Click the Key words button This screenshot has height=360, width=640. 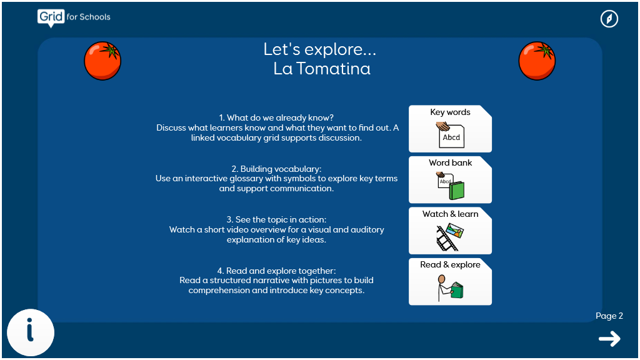[x=450, y=129]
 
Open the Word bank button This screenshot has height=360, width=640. [x=450, y=179]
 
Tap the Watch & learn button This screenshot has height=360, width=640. [x=450, y=231]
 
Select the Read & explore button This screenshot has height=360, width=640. [x=450, y=282]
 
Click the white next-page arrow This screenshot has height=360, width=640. [x=609, y=339]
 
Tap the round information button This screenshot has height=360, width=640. [x=31, y=332]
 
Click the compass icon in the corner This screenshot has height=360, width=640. [x=609, y=19]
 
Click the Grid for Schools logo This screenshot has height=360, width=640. [x=74, y=17]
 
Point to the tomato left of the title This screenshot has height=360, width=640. [x=102, y=61]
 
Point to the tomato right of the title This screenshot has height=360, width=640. [x=537, y=61]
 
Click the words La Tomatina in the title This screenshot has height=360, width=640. [x=322, y=69]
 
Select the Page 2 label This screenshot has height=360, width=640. [x=609, y=316]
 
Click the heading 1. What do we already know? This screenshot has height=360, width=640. [x=276, y=118]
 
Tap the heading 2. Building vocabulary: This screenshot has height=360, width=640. [x=276, y=169]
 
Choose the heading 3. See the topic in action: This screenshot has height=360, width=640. [x=276, y=219]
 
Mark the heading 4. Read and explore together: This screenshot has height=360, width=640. [x=276, y=271]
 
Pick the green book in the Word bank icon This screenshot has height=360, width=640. [x=457, y=191]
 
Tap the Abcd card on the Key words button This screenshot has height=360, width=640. [x=451, y=137]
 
